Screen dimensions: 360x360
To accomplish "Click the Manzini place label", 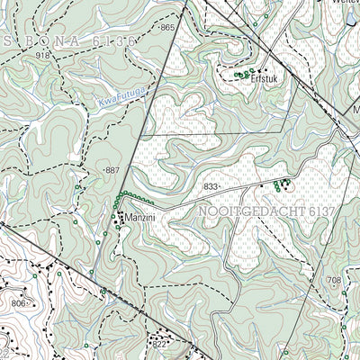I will [140, 220].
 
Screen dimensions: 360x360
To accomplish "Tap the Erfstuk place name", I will [269, 78].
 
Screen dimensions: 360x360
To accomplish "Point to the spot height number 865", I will [167, 29].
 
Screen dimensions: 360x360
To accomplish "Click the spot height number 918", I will [43, 57].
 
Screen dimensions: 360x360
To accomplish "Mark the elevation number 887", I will [112, 170].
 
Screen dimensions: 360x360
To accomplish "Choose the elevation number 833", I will [211, 186].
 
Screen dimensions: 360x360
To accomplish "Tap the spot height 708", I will [335, 281].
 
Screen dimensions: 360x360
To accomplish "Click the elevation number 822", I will [159, 344].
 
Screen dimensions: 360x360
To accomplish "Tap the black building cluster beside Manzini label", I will [118, 218].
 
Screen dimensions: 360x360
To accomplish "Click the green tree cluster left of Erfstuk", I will [240, 76].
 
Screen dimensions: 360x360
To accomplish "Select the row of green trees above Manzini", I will [131, 197].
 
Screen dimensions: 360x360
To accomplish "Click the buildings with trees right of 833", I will [279, 184].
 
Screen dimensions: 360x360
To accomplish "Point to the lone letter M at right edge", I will [355, 112].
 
